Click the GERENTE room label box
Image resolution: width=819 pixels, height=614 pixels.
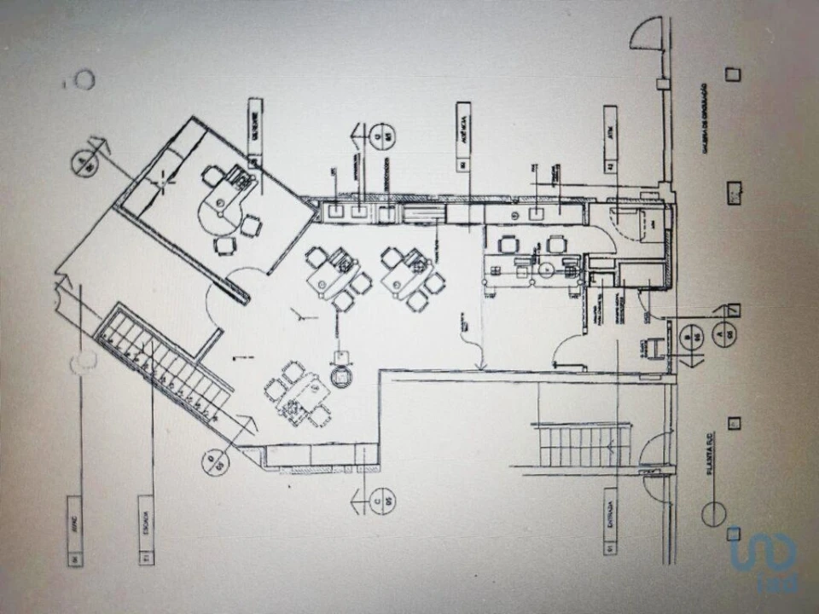pos(255,132)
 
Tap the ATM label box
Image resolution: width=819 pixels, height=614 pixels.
pos(609,141)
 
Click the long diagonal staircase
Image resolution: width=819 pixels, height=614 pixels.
pos(162,367)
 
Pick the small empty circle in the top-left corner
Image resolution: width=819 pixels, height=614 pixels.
pos(84,81)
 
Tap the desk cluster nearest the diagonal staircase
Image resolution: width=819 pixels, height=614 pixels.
pos(298,393)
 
